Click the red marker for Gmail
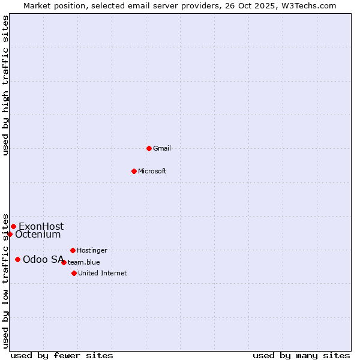pyautogui.click(x=149, y=148)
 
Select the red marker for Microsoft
pyautogui.click(x=134, y=171)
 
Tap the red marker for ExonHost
pyautogui.click(x=13, y=226)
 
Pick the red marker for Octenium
pyautogui.click(x=10, y=234)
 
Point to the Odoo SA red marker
pyautogui.click(x=18, y=259)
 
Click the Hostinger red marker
pyautogui.click(x=73, y=250)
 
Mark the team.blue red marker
pyautogui.click(x=64, y=262)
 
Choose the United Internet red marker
pyautogui.click(x=74, y=273)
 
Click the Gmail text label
pyautogui.click(x=162, y=148)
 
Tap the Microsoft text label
pyautogui.click(x=152, y=171)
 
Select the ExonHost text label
pyautogui.click(x=41, y=226)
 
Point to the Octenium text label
pyautogui.click(x=38, y=234)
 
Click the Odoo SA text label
pyautogui.click(x=43, y=259)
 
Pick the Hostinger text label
pyautogui.click(x=92, y=250)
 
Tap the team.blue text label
pyautogui.click(x=84, y=262)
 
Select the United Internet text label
pyautogui.click(x=103, y=273)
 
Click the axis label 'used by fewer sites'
pyautogui.click(x=62, y=355)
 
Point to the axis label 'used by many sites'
pyautogui.click(x=301, y=355)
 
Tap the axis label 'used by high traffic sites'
pyautogui.click(x=5, y=85)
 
